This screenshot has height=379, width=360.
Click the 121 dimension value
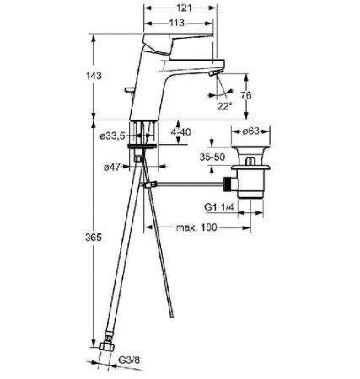click(185, 8)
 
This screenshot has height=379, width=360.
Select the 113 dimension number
click(177, 23)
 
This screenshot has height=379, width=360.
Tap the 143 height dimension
click(94, 76)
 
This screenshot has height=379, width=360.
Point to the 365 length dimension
click(94, 238)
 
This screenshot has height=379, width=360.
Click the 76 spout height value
click(246, 95)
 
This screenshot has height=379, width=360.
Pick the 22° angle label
click(225, 106)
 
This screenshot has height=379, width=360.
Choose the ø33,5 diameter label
click(112, 136)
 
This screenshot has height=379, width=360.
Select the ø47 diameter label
click(112, 168)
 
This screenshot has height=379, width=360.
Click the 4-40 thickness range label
click(181, 131)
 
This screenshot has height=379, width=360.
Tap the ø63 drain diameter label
click(250, 131)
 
